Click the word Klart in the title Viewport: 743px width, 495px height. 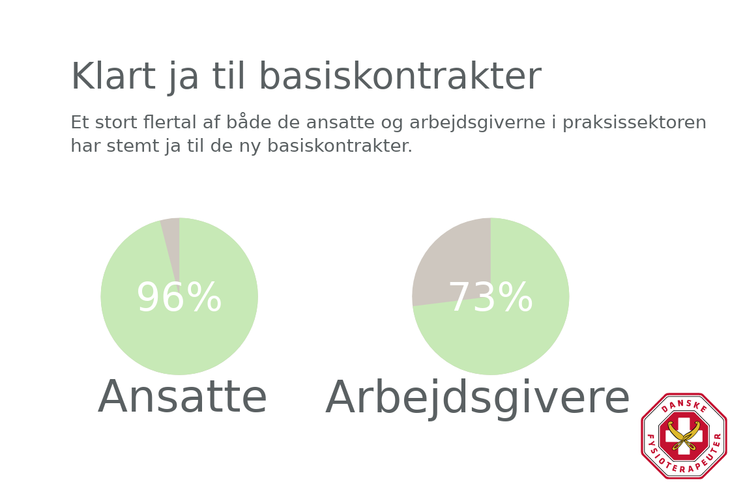pos(113,76)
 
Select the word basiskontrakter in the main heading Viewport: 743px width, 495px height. pos(400,76)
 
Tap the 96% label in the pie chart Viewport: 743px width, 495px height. pos(179,297)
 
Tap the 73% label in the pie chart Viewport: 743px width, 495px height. pos(490,297)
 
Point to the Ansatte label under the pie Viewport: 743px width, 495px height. pos(182,397)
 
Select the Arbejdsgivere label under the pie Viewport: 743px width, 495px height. pos(478,399)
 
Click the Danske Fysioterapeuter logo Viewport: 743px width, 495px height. pos(684,436)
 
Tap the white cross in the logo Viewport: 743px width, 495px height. pos(684,436)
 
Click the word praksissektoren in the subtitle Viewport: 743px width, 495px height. pos(634,122)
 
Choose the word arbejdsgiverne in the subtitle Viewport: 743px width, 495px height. pos(477,122)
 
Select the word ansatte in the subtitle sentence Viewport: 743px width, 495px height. pos(340,122)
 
